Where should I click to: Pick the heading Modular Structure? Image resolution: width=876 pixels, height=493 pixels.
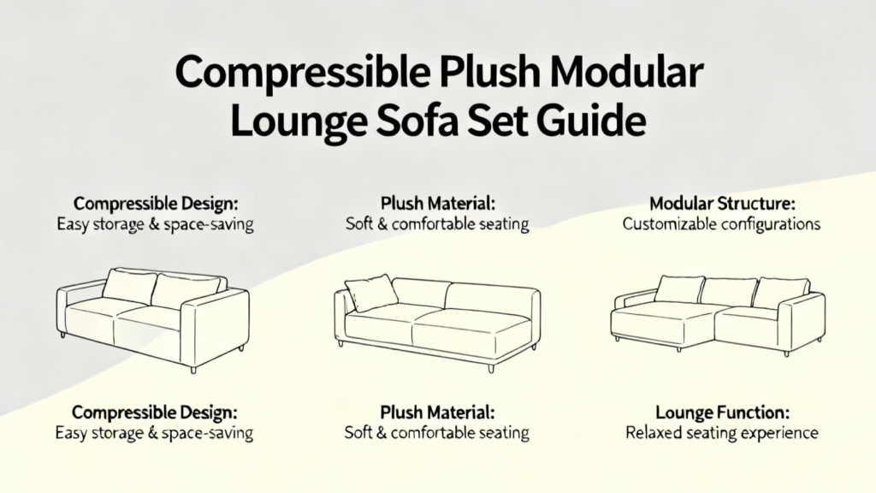click(722, 203)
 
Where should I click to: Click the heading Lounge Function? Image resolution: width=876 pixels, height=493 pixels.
click(722, 413)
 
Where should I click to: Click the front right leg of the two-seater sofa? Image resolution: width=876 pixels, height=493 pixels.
click(193, 368)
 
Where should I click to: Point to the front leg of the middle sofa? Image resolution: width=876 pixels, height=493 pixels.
click(491, 368)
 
